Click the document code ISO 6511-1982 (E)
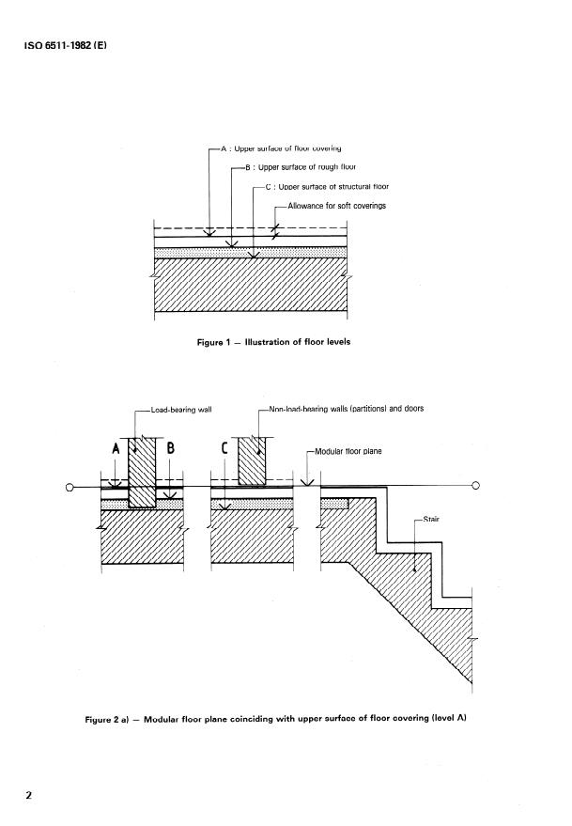[x=63, y=44]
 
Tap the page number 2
[x=29, y=796]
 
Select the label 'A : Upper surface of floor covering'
[x=280, y=148]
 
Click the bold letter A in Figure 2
[x=116, y=449]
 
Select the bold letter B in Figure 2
[x=171, y=449]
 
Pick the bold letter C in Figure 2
[x=225, y=449]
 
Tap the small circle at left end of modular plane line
[x=70, y=487]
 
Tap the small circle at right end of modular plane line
[x=475, y=486]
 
